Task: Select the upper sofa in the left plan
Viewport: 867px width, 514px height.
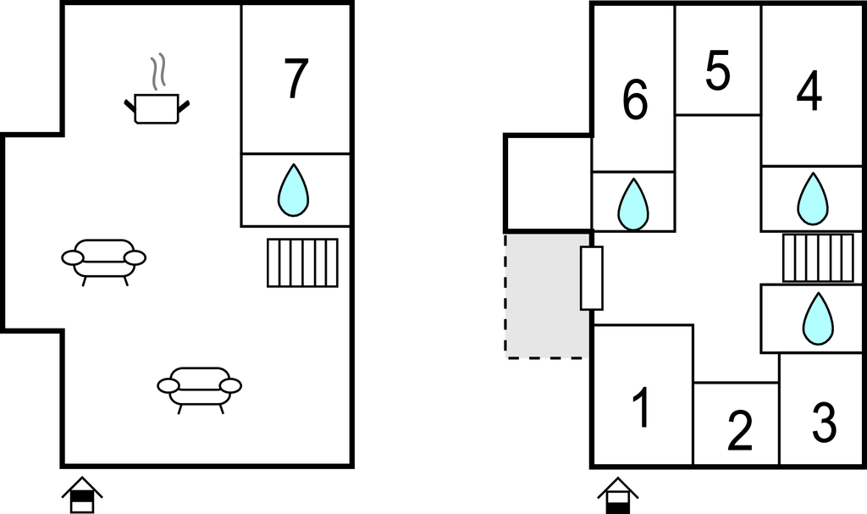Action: pyautogui.click(x=103, y=257)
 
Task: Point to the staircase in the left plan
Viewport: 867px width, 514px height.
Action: pyautogui.click(x=302, y=263)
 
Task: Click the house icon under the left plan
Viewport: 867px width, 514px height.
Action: pyautogui.click(x=82, y=495)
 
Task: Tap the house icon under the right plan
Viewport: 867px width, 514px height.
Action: pyautogui.click(x=617, y=495)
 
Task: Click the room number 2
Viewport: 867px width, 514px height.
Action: pyautogui.click(x=739, y=431)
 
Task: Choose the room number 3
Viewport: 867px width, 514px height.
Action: pyautogui.click(x=823, y=422)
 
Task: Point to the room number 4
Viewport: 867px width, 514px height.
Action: pyautogui.click(x=809, y=93)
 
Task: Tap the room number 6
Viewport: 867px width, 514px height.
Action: pyautogui.click(x=634, y=101)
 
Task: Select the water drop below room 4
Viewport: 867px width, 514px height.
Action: pyautogui.click(x=812, y=199)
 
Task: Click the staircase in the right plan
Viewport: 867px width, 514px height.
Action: pyautogui.click(x=818, y=258)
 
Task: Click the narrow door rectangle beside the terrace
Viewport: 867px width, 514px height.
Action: pyautogui.click(x=592, y=278)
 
